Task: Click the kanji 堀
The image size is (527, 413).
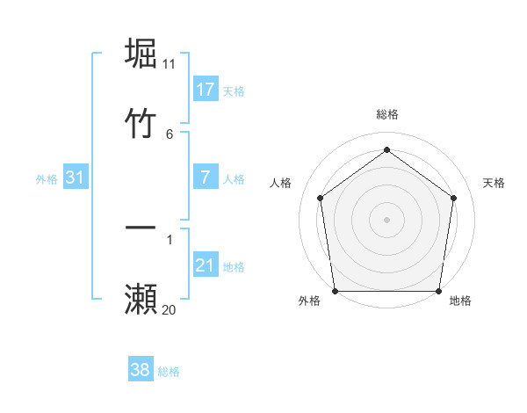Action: coord(141,54)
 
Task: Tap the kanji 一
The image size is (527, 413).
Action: coord(141,228)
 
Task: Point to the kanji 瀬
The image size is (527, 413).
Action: coord(141,299)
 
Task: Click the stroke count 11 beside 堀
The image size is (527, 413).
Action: coord(170,64)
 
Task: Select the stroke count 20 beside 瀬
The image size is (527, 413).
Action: coord(170,309)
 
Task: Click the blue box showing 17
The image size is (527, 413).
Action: coord(206,90)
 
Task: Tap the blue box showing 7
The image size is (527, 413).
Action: coord(206,178)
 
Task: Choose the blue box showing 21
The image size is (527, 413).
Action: coord(206,265)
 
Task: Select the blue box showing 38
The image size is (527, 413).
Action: coord(141,370)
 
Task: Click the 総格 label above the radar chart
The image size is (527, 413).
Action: coord(386,115)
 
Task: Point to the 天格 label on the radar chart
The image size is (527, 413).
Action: coord(495,183)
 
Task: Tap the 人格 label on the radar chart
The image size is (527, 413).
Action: coord(281,183)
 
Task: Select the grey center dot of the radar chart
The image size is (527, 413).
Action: coord(386,219)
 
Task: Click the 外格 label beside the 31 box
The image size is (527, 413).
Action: coord(47,178)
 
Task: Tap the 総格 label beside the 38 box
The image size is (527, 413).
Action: coord(169,372)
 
